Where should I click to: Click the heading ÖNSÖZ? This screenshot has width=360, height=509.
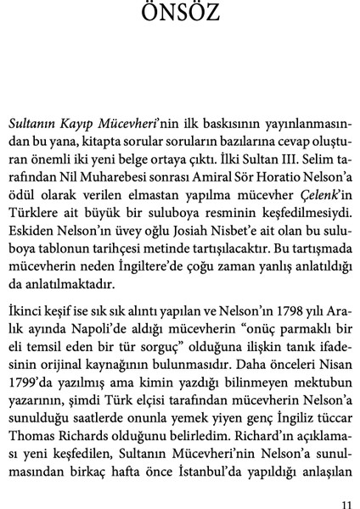pyautogui.click(x=179, y=14)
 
